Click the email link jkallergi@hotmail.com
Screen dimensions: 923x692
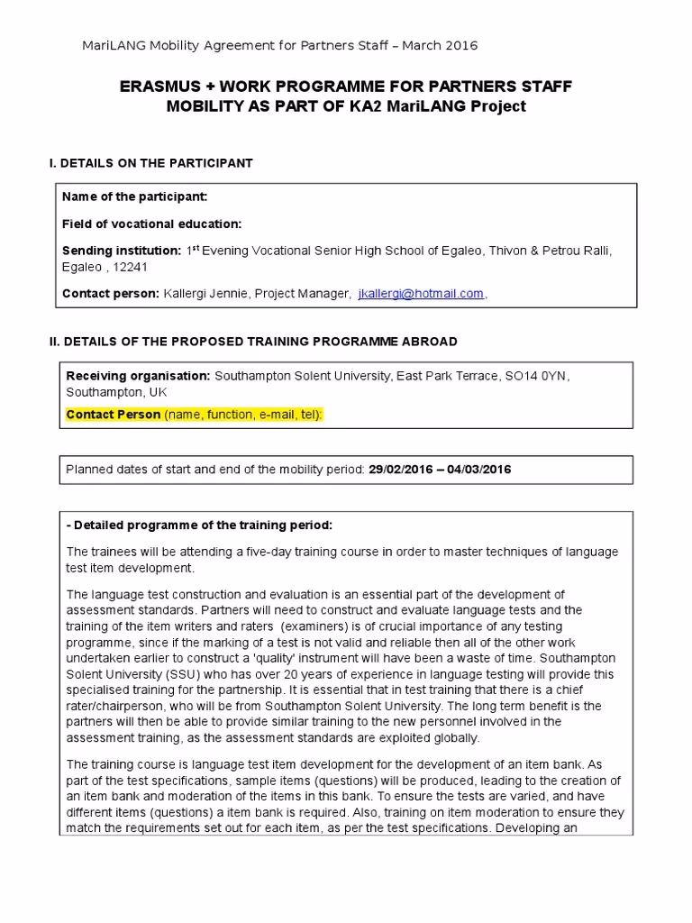point(421,293)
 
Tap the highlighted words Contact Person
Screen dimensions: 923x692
point(114,414)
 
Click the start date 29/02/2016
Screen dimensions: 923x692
point(401,470)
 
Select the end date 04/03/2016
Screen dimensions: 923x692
point(478,470)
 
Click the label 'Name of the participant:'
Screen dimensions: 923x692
point(134,196)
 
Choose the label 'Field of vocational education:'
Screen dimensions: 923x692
point(151,224)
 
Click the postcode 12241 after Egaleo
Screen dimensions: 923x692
point(132,267)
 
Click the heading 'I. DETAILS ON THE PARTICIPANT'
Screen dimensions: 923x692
point(150,163)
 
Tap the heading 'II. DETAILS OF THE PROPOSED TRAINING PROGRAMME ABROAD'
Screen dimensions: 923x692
point(252,342)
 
